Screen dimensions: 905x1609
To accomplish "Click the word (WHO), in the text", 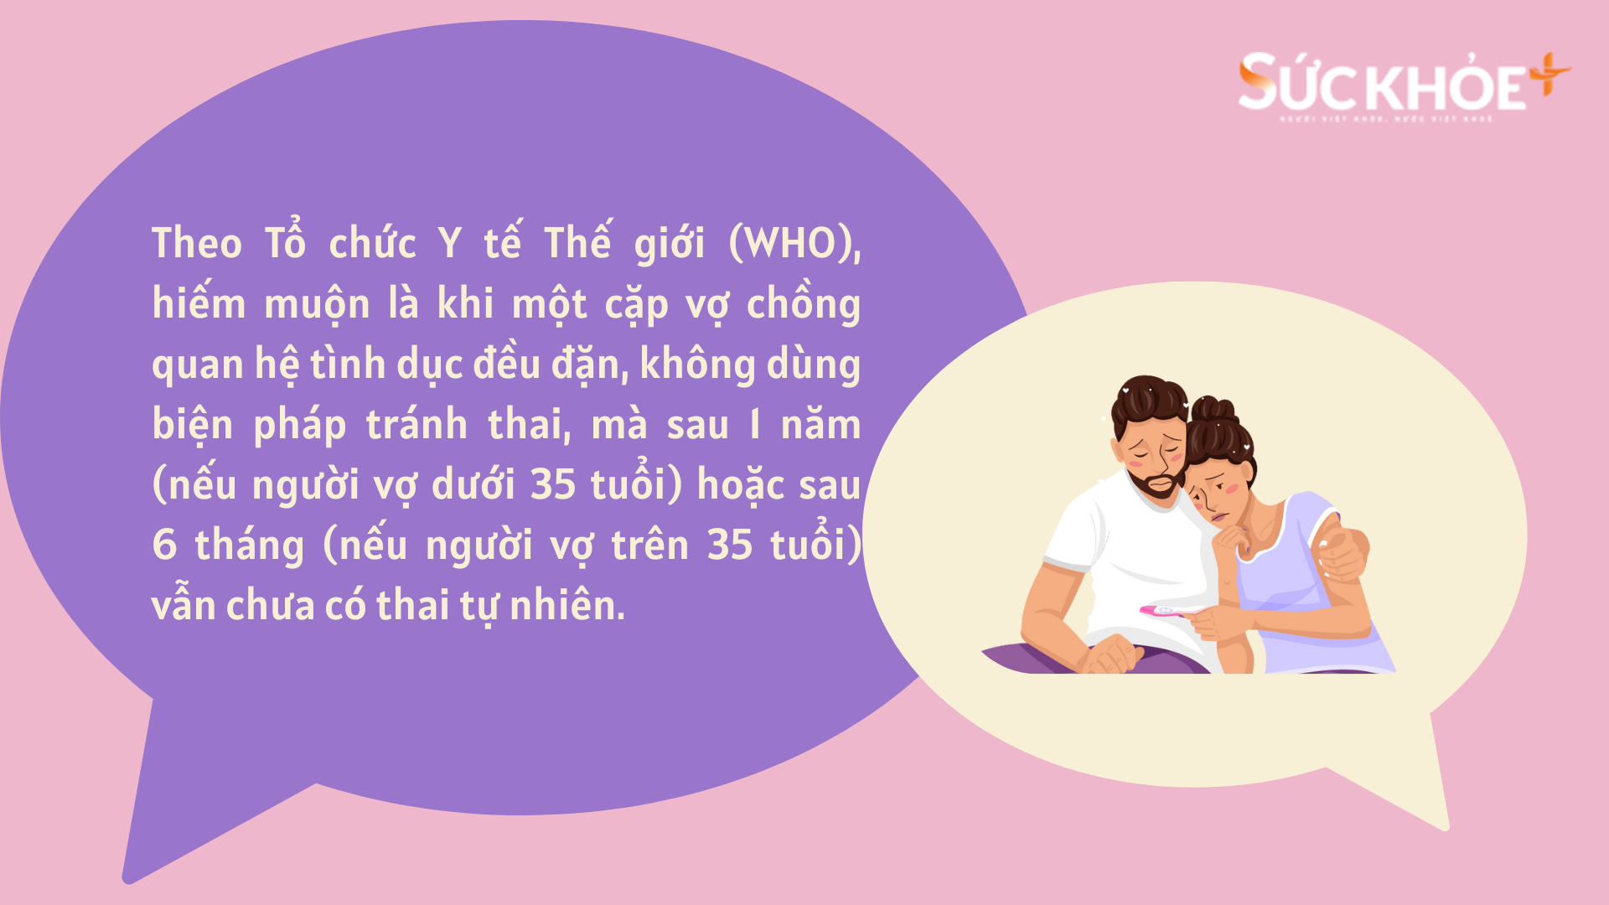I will tap(794, 244).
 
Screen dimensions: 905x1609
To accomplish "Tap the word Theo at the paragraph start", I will tap(197, 244).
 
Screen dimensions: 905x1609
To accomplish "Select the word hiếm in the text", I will tap(199, 303).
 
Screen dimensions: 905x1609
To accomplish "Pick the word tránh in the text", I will tap(416, 425).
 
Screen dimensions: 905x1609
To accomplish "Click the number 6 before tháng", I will tap(164, 545).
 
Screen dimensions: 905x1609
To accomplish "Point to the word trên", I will tap(649, 546).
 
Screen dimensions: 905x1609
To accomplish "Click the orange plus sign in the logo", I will tap(1549, 74).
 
